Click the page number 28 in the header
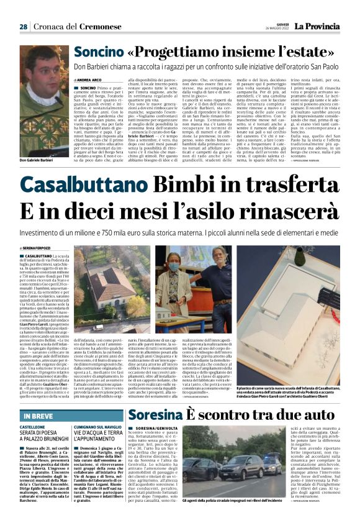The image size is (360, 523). coord(23,27)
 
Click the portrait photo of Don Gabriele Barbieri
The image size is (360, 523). coord(43,100)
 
